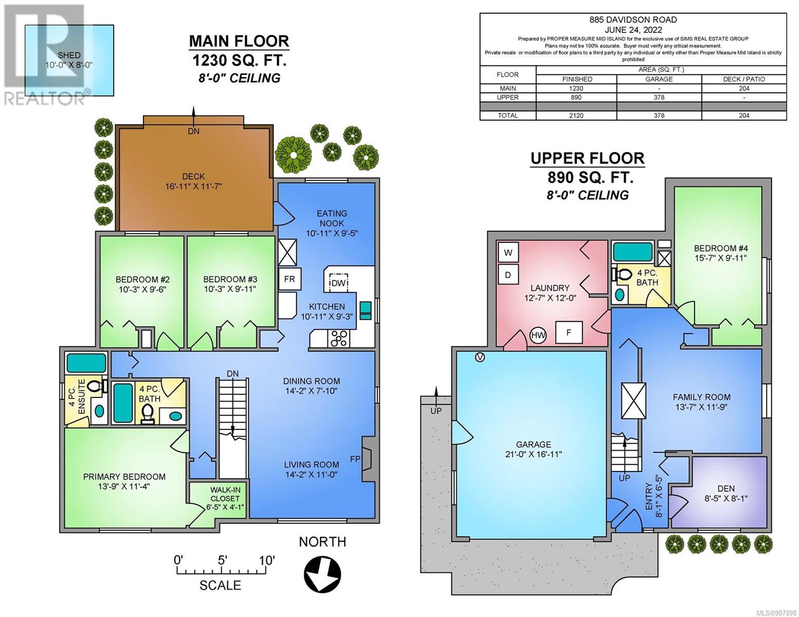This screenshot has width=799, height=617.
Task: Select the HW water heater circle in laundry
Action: tap(538, 335)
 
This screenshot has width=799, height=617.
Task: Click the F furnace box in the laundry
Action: tap(569, 332)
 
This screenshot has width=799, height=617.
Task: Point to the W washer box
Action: tap(508, 252)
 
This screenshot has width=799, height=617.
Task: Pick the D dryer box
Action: tap(508, 275)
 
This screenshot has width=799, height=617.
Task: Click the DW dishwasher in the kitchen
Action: tap(339, 283)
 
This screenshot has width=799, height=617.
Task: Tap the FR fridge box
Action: tap(289, 279)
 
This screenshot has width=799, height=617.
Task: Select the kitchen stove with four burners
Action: tap(339, 338)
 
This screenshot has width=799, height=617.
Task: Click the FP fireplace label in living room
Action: tap(355, 459)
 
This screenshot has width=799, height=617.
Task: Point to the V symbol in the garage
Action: tap(480, 357)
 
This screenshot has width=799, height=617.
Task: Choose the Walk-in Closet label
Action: tap(225, 494)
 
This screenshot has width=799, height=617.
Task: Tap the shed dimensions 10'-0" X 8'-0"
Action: tap(69, 65)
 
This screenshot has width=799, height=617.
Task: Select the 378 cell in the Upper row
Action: tap(659, 97)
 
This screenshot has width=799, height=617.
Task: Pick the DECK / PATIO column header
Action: tap(743, 79)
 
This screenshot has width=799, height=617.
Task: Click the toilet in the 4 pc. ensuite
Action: tap(96, 386)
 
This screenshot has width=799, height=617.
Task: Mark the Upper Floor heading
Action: tap(587, 158)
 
